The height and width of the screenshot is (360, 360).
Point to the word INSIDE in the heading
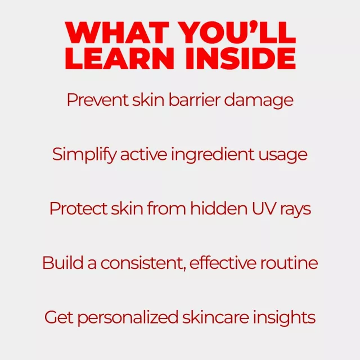[x=241, y=58]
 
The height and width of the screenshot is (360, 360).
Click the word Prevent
[x=97, y=100]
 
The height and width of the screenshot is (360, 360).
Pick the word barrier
[x=195, y=100]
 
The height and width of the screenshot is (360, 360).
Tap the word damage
[x=259, y=101]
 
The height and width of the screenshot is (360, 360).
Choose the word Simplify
[x=84, y=155]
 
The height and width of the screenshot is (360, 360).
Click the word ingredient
[x=213, y=155]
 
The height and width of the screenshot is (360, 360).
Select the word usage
[x=283, y=156]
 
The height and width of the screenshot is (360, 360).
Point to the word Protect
[x=78, y=209]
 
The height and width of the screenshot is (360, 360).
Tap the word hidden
[x=219, y=208]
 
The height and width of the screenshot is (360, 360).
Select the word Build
[x=63, y=263]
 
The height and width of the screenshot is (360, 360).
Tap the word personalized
[x=128, y=318]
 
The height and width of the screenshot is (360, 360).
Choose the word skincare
[x=215, y=317]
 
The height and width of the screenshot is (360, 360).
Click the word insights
[x=284, y=318]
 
